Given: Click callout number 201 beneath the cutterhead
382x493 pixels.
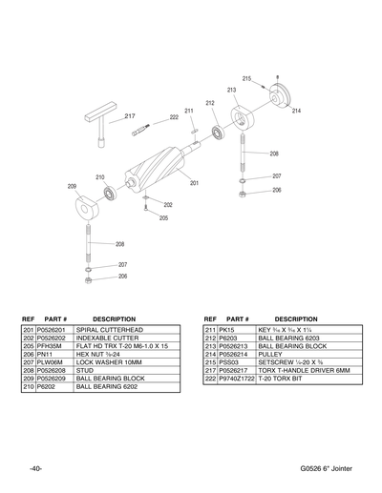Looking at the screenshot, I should coord(193,182).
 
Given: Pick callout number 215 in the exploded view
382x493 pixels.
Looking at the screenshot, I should coord(246,78).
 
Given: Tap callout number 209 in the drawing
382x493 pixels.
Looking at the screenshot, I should coord(72,186).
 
